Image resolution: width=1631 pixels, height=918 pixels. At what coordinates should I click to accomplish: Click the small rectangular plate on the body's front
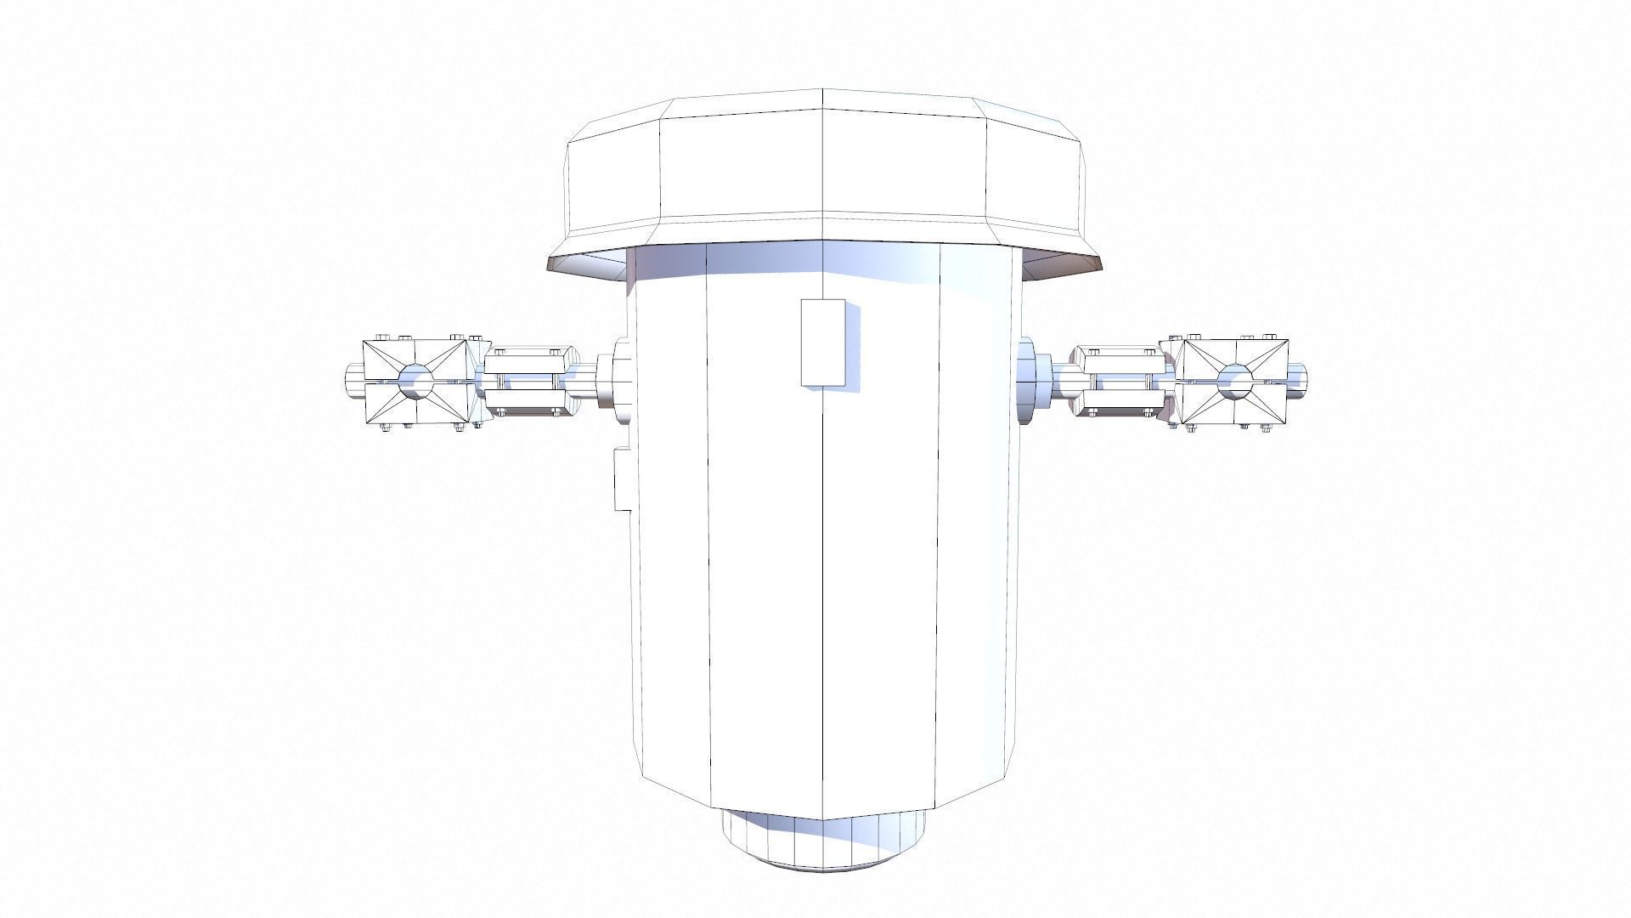tap(823, 343)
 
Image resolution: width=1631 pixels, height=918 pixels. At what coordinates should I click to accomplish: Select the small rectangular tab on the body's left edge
tap(621, 480)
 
